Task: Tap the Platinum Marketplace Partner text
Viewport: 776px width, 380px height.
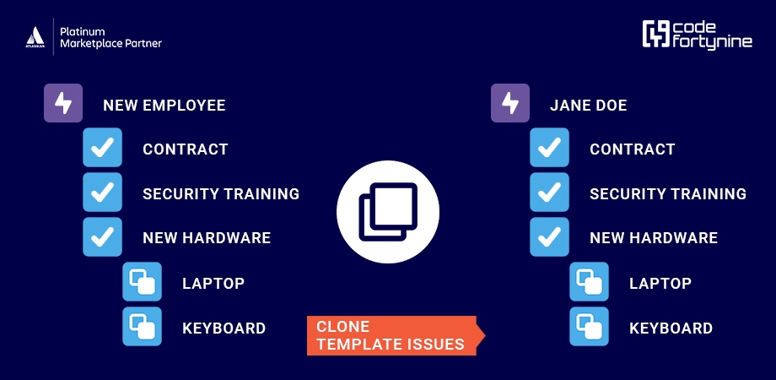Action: point(110,37)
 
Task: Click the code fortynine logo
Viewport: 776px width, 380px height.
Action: point(696,35)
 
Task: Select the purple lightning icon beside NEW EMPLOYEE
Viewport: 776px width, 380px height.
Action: point(63,104)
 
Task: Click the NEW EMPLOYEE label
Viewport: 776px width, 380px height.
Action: point(164,106)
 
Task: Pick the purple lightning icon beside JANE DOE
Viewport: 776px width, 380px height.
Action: point(510,104)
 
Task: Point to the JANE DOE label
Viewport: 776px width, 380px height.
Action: point(588,106)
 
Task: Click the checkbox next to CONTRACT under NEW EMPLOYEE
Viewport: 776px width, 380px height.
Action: point(103,149)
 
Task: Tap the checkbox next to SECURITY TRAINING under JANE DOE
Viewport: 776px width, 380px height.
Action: point(550,193)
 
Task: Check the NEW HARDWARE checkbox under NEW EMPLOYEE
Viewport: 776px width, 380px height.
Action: point(103,236)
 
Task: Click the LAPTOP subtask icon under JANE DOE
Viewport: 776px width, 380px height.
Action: point(589,282)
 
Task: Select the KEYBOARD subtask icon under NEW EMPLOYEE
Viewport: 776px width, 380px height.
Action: point(142,326)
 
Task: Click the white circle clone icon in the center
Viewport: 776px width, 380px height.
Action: point(388,210)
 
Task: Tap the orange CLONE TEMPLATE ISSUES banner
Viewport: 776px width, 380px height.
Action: point(393,335)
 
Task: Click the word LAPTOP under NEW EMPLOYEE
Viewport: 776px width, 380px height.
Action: point(213,284)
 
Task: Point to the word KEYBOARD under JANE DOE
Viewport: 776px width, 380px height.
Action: point(671,328)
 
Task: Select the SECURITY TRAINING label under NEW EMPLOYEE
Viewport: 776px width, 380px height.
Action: point(221,193)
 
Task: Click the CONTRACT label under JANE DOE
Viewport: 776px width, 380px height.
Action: point(632,149)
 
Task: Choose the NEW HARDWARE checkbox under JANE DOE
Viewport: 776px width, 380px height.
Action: point(550,236)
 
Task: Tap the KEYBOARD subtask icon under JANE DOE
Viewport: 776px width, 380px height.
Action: point(589,326)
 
